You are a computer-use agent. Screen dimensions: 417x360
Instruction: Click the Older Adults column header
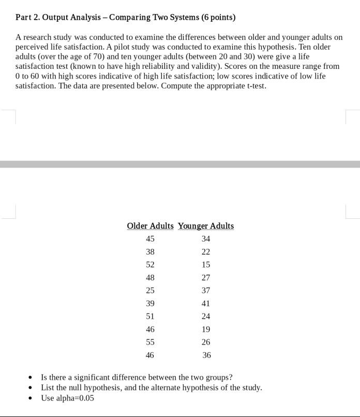[x=150, y=226]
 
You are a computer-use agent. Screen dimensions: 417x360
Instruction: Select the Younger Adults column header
[x=206, y=226]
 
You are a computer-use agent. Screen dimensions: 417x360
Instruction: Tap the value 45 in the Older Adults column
[x=150, y=239]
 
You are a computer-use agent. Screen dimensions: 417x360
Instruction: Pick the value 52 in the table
[x=150, y=264]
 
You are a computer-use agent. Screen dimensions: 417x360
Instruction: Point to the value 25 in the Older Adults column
[x=150, y=290]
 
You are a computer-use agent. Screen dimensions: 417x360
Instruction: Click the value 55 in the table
[x=150, y=342]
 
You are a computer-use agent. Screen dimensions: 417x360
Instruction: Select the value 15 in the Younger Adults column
[x=206, y=264]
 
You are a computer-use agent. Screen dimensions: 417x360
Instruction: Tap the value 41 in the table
[x=206, y=303]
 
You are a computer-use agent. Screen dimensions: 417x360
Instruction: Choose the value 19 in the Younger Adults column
[x=206, y=329]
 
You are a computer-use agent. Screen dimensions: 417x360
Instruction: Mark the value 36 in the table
[x=206, y=355]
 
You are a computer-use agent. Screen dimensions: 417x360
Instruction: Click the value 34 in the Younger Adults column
[x=206, y=239]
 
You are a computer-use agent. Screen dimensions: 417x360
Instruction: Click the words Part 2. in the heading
[x=27, y=18]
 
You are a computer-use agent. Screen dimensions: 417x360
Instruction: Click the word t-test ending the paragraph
[x=256, y=85]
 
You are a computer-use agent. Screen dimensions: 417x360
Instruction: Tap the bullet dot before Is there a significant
[x=31, y=378]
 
